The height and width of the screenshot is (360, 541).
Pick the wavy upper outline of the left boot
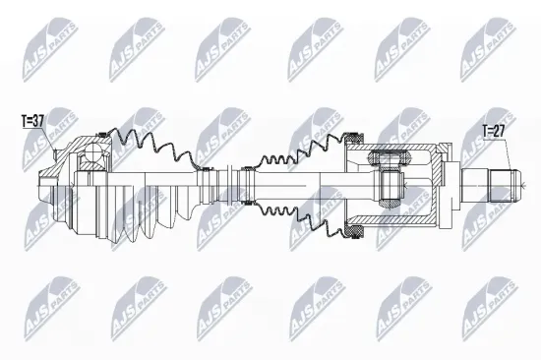pos(148,144)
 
